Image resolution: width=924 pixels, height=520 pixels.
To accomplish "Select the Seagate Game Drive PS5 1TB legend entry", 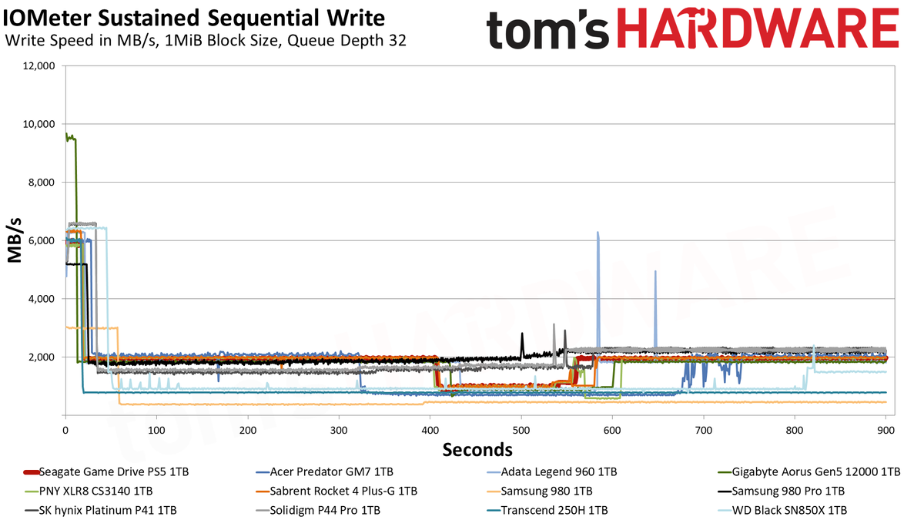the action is point(106,471).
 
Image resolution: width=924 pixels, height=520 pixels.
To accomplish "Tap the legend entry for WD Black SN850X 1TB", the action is point(782,511).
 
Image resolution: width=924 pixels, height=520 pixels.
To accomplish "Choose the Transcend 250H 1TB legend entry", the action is point(547,511).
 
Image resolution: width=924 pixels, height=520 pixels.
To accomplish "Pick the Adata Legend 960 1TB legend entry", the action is point(552,471).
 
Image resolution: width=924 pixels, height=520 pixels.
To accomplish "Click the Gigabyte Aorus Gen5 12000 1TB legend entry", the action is point(809,471).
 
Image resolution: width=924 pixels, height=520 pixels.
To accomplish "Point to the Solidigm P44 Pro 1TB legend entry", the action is point(318,511).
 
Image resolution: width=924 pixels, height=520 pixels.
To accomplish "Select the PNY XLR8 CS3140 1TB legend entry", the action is point(89,491).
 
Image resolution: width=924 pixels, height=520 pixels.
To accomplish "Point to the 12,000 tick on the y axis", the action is point(38,66).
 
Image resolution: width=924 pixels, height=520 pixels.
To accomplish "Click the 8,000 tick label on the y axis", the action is point(41,183).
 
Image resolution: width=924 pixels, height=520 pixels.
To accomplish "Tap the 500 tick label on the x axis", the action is point(521,431).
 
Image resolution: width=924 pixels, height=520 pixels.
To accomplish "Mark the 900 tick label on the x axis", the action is point(886,431).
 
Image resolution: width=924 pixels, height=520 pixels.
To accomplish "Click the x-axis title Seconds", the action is point(477,449).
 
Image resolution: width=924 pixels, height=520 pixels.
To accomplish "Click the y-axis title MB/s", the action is point(15,240).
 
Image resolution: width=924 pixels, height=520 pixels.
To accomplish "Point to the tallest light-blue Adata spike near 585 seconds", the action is point(598,233).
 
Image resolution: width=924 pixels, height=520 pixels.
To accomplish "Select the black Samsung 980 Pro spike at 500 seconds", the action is point(522,334).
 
